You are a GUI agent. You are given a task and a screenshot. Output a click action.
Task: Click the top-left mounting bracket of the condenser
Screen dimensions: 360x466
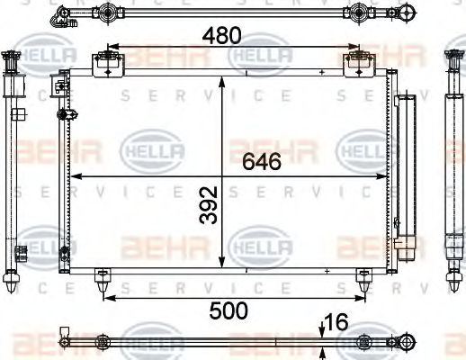click(x=106, y=64)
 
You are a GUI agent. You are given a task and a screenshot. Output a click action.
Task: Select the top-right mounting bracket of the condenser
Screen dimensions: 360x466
click(x=359, y=64)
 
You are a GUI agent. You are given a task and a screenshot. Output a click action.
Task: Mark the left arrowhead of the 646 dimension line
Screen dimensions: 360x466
click(x=76, y=175)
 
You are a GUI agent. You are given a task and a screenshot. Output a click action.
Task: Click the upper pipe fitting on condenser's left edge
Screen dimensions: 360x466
click(x=60, y=88)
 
